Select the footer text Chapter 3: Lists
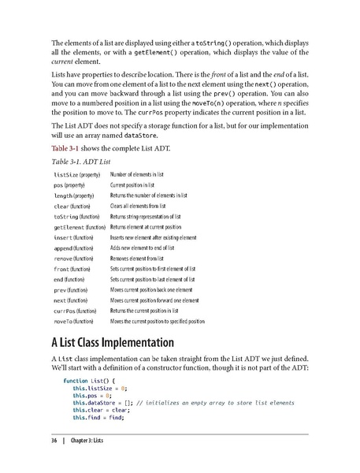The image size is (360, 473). click(91, 440)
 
